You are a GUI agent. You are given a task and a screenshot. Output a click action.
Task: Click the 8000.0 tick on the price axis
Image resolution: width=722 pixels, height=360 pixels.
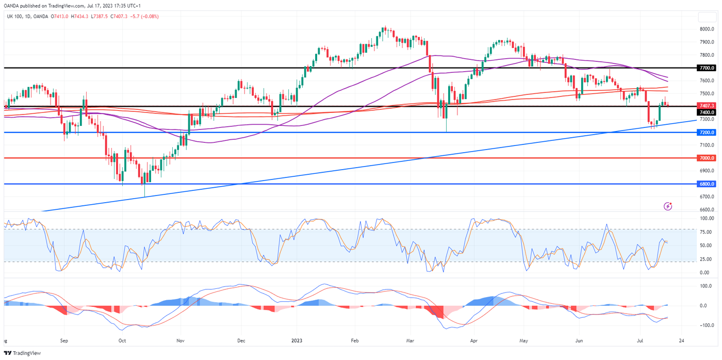707,29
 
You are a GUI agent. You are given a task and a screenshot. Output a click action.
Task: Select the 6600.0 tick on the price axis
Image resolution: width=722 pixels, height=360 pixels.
707,209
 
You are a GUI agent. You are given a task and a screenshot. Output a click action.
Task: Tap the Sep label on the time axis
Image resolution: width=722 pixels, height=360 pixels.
64,341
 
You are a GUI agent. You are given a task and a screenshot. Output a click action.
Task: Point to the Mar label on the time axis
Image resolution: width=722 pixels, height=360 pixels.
410,341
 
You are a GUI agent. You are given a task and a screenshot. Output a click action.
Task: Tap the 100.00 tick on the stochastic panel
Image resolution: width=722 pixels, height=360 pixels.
706,219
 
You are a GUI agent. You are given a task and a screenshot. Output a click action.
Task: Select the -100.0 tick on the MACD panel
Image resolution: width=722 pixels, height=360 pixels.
706,325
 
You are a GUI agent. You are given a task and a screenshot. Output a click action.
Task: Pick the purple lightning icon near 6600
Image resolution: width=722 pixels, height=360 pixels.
668,206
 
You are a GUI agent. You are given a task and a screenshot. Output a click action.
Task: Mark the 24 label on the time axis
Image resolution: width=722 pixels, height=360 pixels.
682,341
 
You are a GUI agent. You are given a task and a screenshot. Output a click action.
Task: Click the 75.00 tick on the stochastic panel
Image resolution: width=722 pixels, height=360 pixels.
705,232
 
